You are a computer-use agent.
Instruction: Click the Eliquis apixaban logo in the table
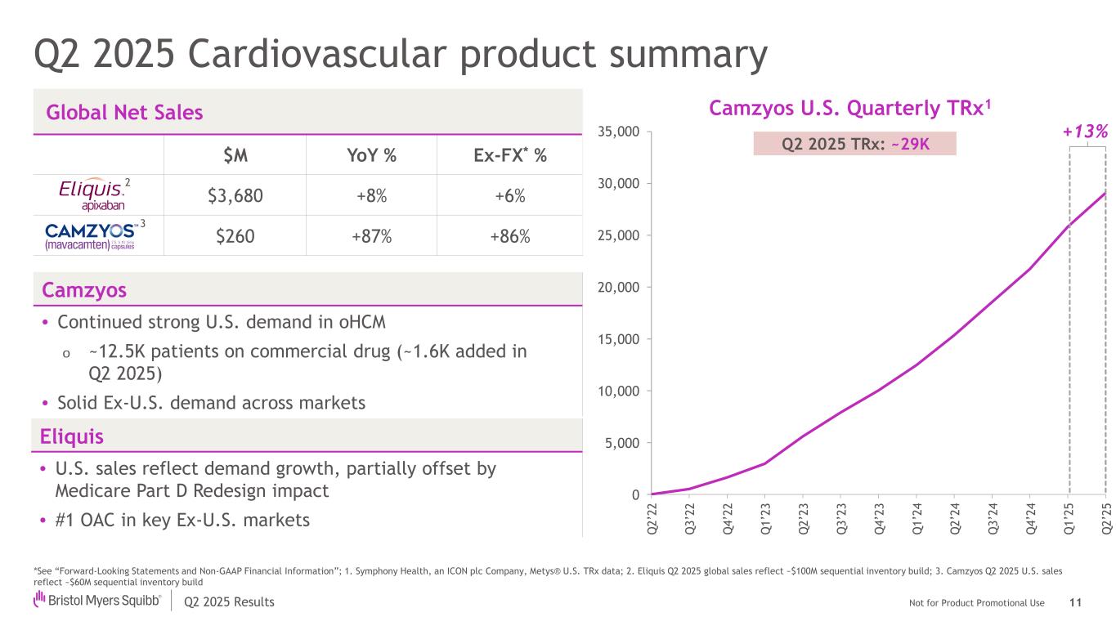click(92, 195)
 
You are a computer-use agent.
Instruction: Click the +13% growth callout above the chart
click(1086, 132)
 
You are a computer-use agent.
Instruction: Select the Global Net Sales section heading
click(124, 113)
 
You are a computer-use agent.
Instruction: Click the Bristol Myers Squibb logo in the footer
click(96, 601)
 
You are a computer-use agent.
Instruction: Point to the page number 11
click(1074, 602)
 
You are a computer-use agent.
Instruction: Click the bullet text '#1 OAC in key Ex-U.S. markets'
click(182, 520)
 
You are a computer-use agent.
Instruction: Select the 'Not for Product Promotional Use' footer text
click(976, 603)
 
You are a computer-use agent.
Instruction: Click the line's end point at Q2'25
click(1105, 193)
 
